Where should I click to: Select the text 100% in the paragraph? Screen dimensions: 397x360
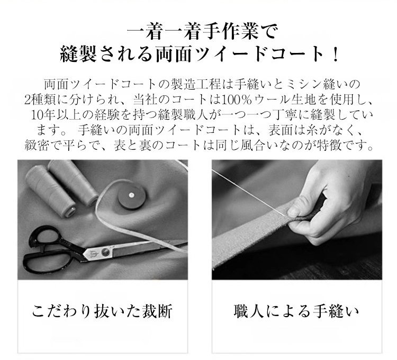point(237,100)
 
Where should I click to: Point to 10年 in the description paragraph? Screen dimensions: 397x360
point(43,115)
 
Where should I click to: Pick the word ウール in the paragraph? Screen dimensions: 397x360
point(272,100)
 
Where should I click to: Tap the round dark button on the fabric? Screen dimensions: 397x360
point(132,195)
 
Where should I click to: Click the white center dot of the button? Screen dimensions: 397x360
point(131,195)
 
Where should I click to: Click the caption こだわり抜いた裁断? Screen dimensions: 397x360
point(103,311)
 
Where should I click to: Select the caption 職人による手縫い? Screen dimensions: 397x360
point(296,311)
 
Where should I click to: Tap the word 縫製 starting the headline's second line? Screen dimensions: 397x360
point(78,55)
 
